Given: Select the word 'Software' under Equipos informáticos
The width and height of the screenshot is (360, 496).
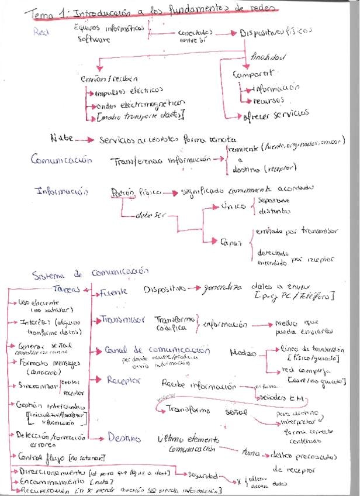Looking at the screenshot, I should [x=94, y=40].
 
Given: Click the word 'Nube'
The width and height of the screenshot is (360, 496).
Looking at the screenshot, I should [x=62, y=139].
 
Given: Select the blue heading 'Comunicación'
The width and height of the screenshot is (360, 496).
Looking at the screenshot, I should [x=61, y=159].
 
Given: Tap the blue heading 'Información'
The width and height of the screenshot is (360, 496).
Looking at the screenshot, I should [x=62, y=191].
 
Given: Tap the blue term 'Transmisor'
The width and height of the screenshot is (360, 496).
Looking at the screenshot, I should [x=123, y=319].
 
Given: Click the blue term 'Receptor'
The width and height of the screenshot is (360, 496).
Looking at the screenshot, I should [x=124, y=380].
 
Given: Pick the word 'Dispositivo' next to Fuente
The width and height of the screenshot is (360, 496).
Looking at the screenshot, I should [x=165, y=288].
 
